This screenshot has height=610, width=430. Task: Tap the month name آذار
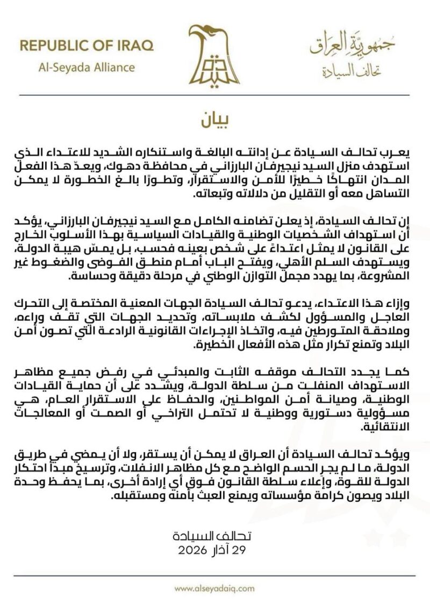coord(221,549)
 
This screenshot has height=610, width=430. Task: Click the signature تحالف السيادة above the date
coord(215,537)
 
